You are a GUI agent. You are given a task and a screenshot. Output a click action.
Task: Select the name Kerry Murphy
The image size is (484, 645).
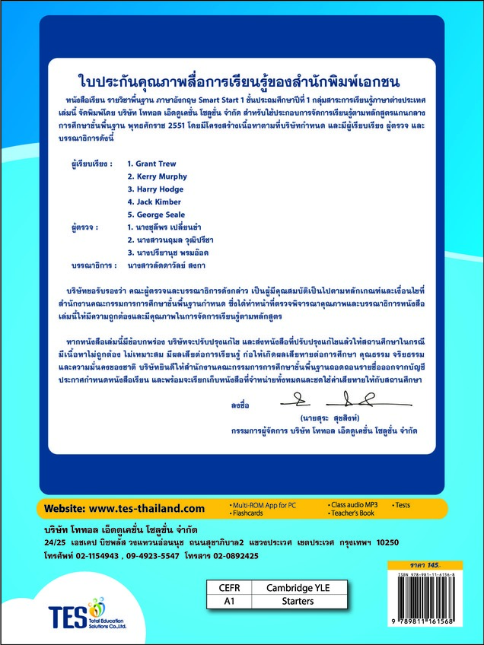(156, 176)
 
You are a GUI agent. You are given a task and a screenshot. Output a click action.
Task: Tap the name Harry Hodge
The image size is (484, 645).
(154, 189)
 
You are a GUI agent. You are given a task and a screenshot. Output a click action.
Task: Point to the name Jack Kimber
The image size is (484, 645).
(154, 202)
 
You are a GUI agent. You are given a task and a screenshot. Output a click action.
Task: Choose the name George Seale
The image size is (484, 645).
(156, 215)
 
